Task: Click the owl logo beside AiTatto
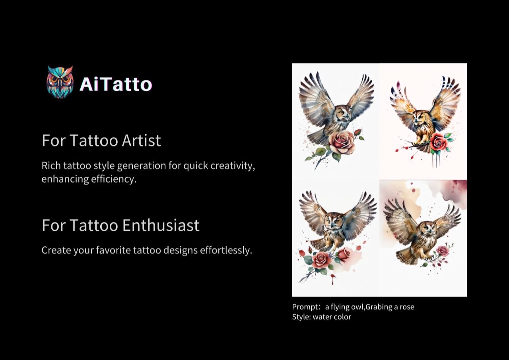(60, 82)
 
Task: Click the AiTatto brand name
(116, 84)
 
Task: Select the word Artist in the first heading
(141, 140)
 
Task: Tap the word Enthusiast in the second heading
(161, 225)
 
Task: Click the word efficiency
(114, 179)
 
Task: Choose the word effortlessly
(226, 250)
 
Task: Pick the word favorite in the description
(113, 250)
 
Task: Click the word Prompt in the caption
(305, 307)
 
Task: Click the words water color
(332, 317)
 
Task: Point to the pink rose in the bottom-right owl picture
(443, 250)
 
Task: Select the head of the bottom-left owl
(333, 221)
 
